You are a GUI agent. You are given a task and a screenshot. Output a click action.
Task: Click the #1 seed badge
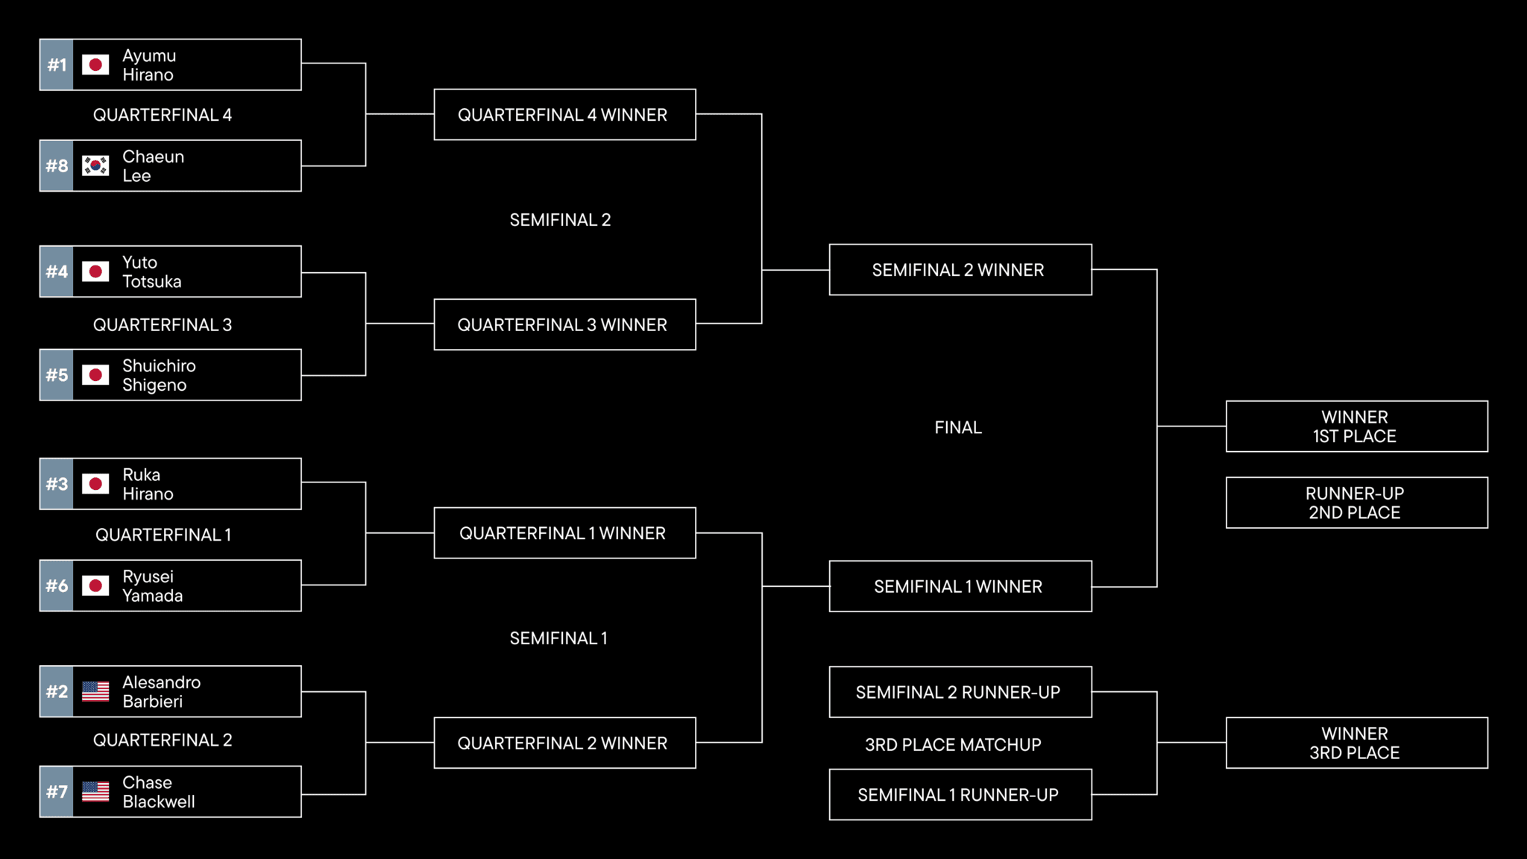pyautogui.click(x=57, y=65)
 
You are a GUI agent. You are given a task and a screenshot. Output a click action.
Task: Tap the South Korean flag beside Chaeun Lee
pyautogui.click(x=95, y=166)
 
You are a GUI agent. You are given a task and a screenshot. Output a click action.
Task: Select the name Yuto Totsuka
pyautogui.click(x=151, y=272)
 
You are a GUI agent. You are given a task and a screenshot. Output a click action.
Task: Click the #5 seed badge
pyautogui.click(x=57, y=375)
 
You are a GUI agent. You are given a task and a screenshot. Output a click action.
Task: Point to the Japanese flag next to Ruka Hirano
pyautogui.click(x=95, y=484)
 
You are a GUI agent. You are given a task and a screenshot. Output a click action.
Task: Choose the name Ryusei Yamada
pyautogui.click(x=152, y=586)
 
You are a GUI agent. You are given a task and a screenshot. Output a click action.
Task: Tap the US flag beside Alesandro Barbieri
pyautogui.click(x=95, y=692)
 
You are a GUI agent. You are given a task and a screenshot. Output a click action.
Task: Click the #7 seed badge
pyautogui.click(x=57, y=792)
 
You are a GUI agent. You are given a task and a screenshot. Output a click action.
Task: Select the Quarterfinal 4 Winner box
pyautogui.click(x=564, y=115)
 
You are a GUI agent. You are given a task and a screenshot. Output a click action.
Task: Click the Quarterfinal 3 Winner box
pyautogui.click(x=564, y=324)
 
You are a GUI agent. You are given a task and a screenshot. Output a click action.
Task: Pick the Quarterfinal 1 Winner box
pyautogui.click(x=564, y=533)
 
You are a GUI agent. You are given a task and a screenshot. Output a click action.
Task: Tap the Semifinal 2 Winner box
pyautogui.click(x=960, y=270)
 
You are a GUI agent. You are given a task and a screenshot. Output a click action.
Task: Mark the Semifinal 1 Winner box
pyautogui.click(x=960, y=587)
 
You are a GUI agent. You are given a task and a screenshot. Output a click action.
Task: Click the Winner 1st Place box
pyautogui.click(x=1356, y=427)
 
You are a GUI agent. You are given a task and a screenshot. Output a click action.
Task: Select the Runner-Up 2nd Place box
pyautogui.click(x=1356, y=503)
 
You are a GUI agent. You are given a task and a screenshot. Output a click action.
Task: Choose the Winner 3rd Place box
pyautogui.click(x=1356, y=743)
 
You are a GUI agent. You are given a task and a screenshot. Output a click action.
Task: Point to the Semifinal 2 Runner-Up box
pyautogui.click(x=960, y=692)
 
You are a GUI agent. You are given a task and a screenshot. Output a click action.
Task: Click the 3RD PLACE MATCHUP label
pyautogui.click(x=953, y=744)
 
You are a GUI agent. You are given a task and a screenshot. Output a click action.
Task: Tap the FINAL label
pyautogui.click(x=958, y=427)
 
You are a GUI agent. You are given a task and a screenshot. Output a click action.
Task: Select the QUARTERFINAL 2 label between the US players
pyautogui.click(x=163, y=740)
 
